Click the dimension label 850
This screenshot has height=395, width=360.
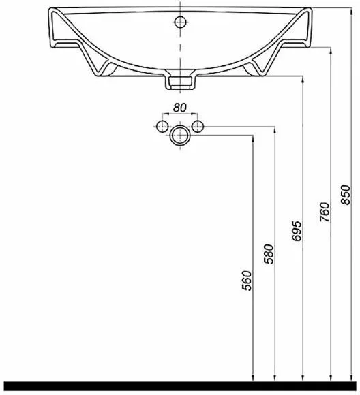tap(346, 195)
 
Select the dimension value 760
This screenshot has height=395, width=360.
tap(325, 212)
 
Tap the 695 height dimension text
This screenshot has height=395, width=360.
tap(297, 231)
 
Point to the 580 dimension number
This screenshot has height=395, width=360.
tap(269, 254)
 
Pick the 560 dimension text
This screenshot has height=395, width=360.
tap(247, 281)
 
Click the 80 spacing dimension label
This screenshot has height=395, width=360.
tap(179, 108)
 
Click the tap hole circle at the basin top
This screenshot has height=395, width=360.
tap(180, 22)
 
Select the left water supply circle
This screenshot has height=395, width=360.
tap(162, 126)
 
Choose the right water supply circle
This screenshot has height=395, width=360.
tap(198, 126)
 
